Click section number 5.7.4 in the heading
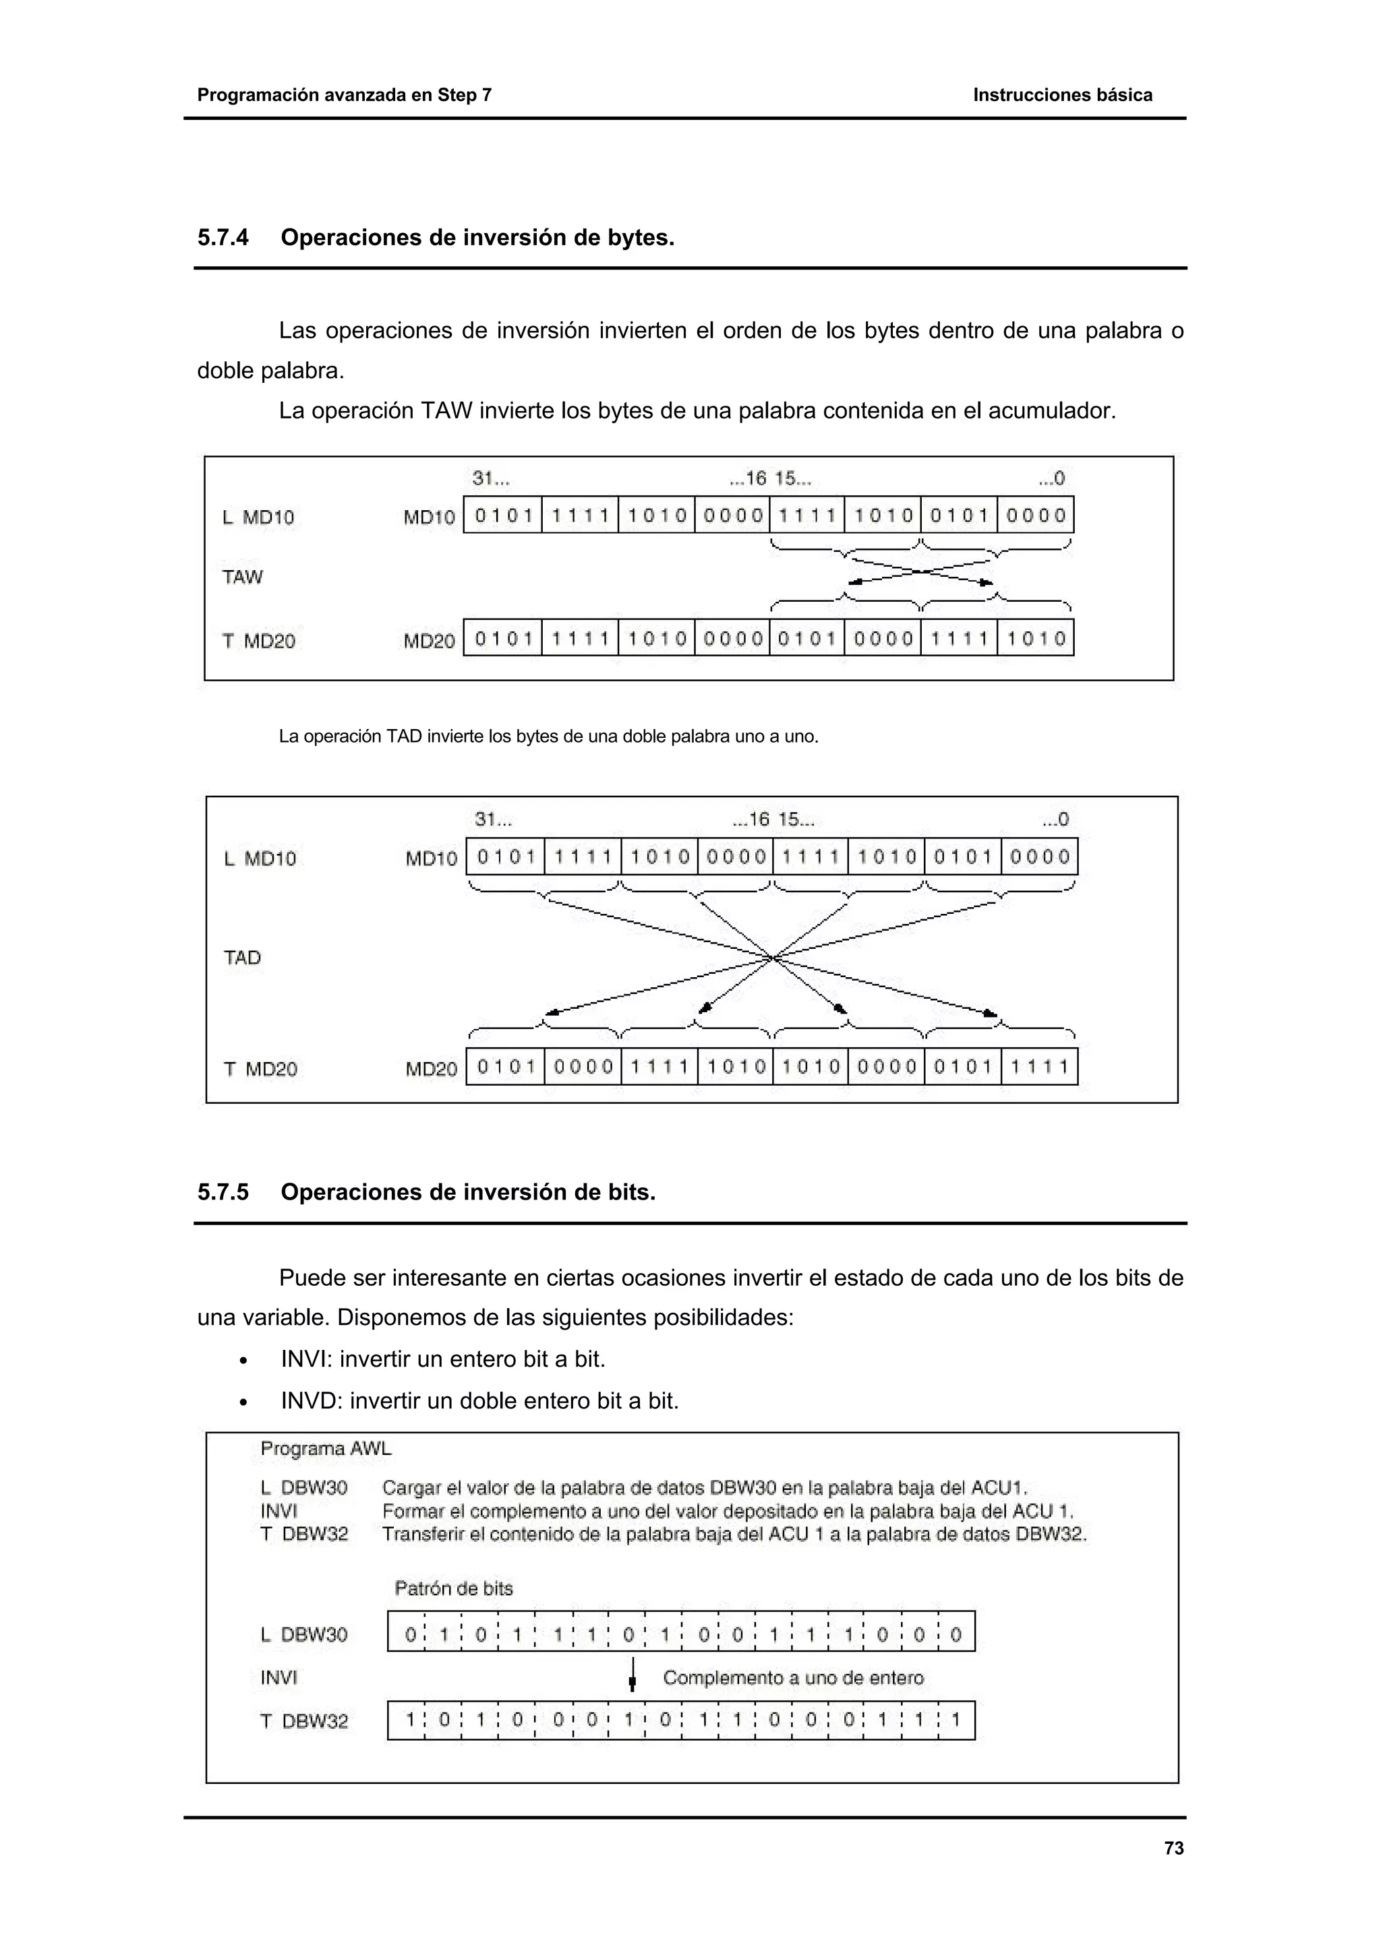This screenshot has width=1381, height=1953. [223, 237]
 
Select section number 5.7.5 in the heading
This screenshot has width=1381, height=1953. [223, 1193]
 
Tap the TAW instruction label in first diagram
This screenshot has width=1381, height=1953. [243, 577]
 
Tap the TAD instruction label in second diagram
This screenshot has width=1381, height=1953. [243, 958]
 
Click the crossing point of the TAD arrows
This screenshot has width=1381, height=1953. [772, 958]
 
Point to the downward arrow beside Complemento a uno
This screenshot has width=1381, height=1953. [633, 1674]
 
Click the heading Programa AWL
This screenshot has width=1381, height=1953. [326, 1449]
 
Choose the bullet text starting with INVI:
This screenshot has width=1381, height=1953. [442, 1359]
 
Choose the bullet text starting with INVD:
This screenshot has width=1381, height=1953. [479, 1401]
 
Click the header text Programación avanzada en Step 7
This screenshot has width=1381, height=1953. [344, 95]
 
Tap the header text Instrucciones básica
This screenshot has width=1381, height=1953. [1062, 95]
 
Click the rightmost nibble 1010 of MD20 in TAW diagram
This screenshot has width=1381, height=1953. [1036, 639]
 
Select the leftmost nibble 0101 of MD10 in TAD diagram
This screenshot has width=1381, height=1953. [506, 857]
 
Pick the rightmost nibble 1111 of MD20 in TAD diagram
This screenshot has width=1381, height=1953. [1039, 1067]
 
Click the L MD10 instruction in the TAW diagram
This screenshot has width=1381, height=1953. [258, 517]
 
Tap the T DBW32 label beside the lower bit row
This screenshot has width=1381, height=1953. [303, 1720]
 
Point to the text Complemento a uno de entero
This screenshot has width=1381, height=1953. [793, 1677]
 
